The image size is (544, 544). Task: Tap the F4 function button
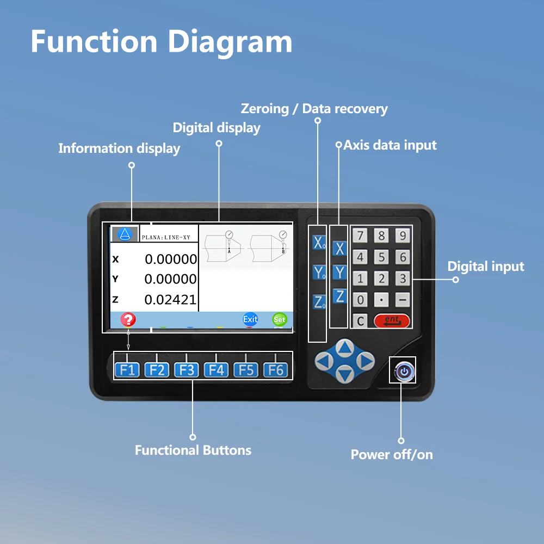pos(216,370)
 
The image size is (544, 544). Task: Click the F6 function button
pos(276,370)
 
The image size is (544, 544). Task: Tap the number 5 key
pos(381,257)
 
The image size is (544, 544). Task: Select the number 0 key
pos(360,300)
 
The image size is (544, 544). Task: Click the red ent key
pos(392,321)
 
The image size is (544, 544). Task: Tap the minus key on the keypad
pos(403,300)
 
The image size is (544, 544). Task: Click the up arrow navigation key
pos(345,348)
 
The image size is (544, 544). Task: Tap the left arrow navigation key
pos(324,361)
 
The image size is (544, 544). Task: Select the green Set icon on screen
pos(280,319)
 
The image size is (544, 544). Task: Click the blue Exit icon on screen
pos(250,319)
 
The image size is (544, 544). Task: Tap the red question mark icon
pos(128,319)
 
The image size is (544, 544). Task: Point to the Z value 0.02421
pos(170,300)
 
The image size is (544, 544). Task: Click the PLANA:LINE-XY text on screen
pos(166,238)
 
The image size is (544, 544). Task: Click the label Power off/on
pos(392,455)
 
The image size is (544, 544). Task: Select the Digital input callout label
pos(486,267)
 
